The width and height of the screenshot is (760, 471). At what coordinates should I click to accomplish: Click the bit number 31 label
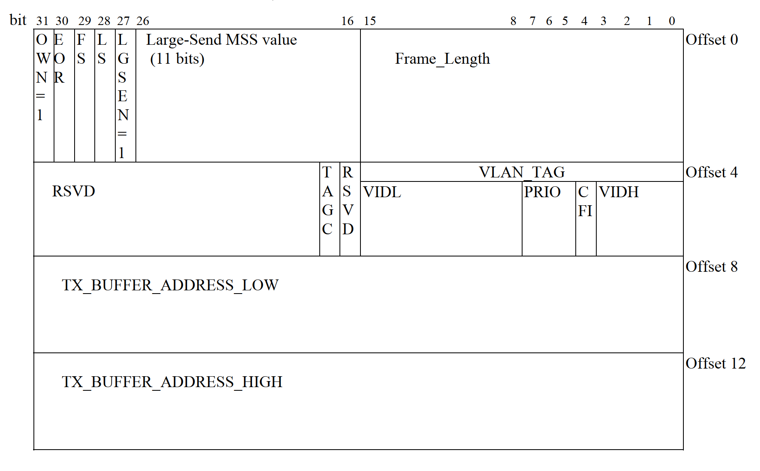click(42, 21)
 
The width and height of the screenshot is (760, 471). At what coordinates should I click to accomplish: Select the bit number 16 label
click(347, 21)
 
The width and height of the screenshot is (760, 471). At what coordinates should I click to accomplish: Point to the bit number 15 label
click(370, 21)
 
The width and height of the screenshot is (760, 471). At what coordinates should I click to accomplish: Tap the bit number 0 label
click(672, 21)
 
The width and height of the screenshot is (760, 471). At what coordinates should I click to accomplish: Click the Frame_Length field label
click(442, 59)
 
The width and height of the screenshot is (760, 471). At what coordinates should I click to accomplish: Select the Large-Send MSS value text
click(221, 40)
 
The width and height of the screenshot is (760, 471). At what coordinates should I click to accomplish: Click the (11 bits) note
click(177, 59)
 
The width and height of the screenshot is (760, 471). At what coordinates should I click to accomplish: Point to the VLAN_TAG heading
click(522, 173)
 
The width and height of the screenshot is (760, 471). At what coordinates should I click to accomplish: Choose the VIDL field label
click(382, 192)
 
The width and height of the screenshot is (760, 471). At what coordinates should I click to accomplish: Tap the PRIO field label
click(542, 192)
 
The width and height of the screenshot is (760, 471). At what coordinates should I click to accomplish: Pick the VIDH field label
click(618, 192)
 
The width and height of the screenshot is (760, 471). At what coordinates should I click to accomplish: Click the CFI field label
click(585, 202)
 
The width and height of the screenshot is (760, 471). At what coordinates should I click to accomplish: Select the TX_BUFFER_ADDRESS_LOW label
click(170, 286)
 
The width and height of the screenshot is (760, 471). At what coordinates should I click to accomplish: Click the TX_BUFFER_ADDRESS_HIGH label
click(172, 382)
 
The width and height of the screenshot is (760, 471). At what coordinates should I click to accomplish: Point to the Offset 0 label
click(712, 40)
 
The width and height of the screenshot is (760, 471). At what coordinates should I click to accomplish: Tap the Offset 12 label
click(716, 364)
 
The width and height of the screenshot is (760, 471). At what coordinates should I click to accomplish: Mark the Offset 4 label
click(712, 173)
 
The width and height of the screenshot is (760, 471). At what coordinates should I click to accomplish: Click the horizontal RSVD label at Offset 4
click(73, 192)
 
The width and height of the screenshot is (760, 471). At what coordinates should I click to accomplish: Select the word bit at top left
click(18, 20)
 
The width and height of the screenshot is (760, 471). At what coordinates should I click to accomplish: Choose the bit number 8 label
click(513, 21)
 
